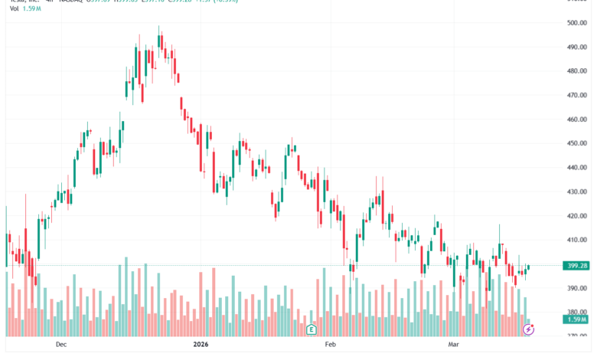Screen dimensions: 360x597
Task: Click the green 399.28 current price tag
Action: pyautogui.click(x=575, y=266)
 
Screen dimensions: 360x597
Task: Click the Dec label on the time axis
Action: pyautogui.click(x=61, y=345)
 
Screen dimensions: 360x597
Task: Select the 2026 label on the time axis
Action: pyautogui.click(x=201, y=345)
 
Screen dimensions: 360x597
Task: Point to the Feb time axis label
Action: pyautogui.click(x=330, y=345)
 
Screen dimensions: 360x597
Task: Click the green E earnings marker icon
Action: pyautogui.click(x=312, y=329)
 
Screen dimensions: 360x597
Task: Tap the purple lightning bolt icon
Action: pyautogui.click(x=528, y=329)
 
